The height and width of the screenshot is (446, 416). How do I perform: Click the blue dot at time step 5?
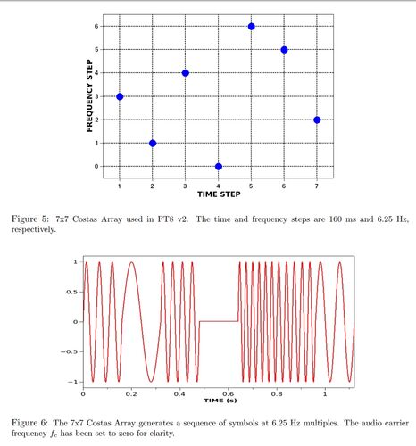[251, 27]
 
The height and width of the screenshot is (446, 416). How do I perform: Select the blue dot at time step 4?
[219, 167]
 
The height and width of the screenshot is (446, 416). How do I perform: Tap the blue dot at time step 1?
[120, 96]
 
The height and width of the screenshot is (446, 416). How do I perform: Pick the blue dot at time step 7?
[317, 120]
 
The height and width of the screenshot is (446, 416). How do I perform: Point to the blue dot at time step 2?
[153, 144]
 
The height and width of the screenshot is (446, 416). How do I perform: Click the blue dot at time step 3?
[186, 73]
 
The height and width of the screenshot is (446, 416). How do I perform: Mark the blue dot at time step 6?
[284, 50]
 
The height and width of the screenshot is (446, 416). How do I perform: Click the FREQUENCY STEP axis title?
[89, 95]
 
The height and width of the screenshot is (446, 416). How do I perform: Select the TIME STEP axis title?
[219, 194]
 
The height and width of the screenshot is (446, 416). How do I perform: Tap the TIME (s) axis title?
[220, 401]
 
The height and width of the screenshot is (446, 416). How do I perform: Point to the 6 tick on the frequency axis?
[96, 26]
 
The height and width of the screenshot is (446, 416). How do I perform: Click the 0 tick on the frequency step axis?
[96, 167]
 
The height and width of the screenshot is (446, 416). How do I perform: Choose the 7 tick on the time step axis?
[317, 186]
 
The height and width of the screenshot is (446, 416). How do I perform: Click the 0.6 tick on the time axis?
[228, 394]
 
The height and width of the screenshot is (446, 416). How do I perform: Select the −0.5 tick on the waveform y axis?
[70, 351]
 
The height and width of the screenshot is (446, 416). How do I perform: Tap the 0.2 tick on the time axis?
[131, 394]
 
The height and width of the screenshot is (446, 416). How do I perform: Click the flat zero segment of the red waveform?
[219, 321]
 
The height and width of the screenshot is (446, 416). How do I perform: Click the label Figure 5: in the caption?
[29, 219]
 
